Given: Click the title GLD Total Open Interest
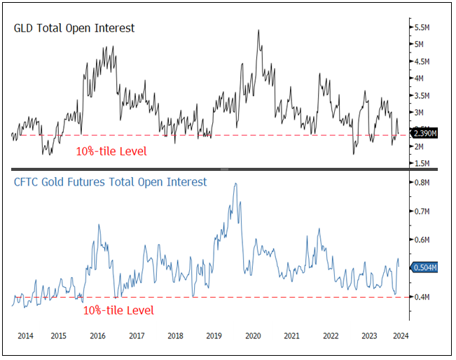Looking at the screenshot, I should (x=74, y=29).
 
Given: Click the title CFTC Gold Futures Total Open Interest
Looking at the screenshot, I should (x=111, y=182).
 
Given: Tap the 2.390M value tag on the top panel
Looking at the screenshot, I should (x=425, y=134).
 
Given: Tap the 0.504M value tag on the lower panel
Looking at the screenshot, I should (x=425, y=266).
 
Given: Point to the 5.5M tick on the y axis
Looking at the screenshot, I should (x=422, y=27).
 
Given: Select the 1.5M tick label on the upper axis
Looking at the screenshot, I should (x=422, y=163).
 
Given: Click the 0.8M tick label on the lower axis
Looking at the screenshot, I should (x=422, y=183).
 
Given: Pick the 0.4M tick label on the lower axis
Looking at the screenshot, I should (x=422, y=297).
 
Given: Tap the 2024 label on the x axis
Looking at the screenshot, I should (x=400, y=336).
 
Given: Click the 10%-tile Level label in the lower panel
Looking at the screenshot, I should (x=118, y=310).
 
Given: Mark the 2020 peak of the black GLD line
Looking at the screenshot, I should (x=259, y=31).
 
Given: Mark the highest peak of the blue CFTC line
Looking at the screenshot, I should (x=235, y=184).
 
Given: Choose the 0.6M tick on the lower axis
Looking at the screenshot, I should (x=422, y=240).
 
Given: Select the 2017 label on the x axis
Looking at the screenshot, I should (x=138, y=336).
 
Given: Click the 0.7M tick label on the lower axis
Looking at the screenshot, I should (x=422, y=211).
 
